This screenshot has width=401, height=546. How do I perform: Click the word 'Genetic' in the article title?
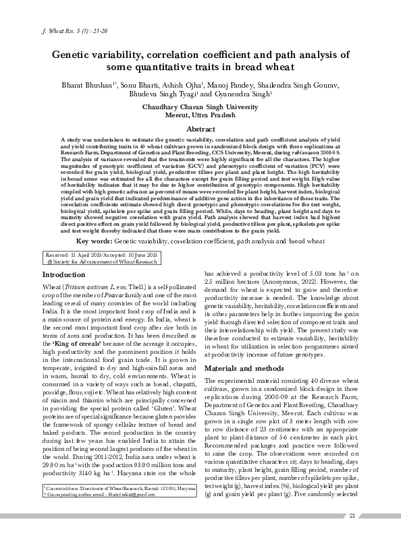(75, 56)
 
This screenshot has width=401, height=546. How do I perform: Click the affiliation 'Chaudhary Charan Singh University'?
(200, 107)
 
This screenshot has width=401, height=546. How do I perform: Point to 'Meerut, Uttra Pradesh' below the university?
(200, 115)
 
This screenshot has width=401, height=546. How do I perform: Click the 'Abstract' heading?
(200, 129)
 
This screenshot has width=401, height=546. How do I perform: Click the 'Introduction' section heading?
(63, 276)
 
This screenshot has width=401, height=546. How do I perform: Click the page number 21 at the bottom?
(352, 535)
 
